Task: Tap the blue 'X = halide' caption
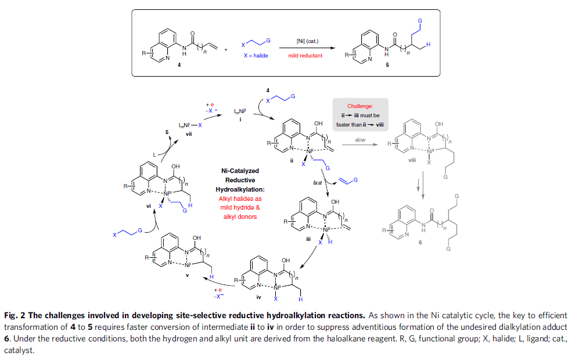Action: tap(255, 56)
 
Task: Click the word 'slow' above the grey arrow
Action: tap(360, 140)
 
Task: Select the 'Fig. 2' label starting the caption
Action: tap(15, 315)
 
